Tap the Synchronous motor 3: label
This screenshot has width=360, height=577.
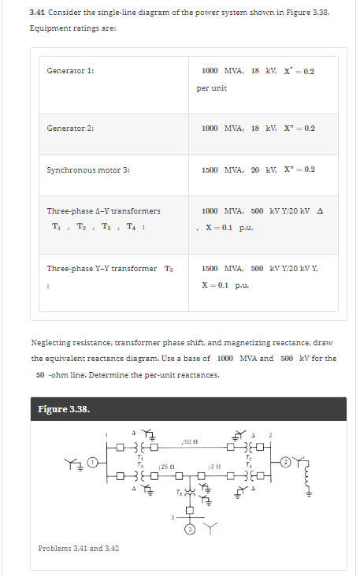point(87,169)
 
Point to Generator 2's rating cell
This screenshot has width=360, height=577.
point(258,128)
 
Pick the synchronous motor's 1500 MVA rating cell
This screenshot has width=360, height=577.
point(258,169)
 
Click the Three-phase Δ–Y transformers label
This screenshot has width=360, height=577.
point(103,211)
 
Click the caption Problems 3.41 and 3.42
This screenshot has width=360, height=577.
point(79,549)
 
